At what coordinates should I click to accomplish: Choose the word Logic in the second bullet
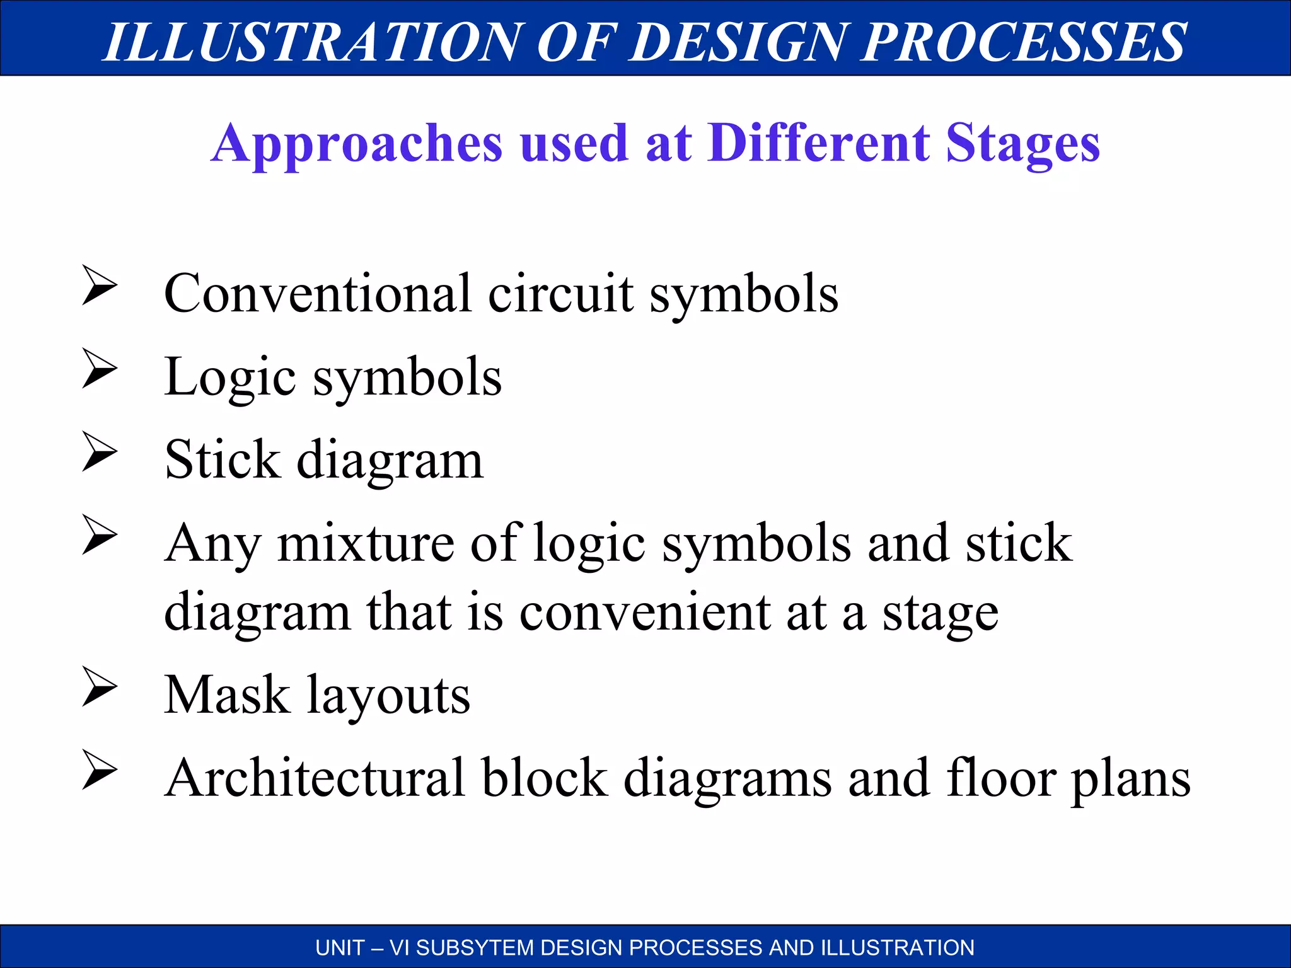tap(230, 378)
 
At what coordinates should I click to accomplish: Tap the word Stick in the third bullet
tap(222, 459)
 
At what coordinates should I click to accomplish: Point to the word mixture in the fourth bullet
tap(366, 543)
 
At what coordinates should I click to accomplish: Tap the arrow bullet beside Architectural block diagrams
tap(100, 770)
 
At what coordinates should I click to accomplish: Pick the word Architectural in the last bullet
tap(315, 778)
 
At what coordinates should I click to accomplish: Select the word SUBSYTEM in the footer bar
tap(475, 948)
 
